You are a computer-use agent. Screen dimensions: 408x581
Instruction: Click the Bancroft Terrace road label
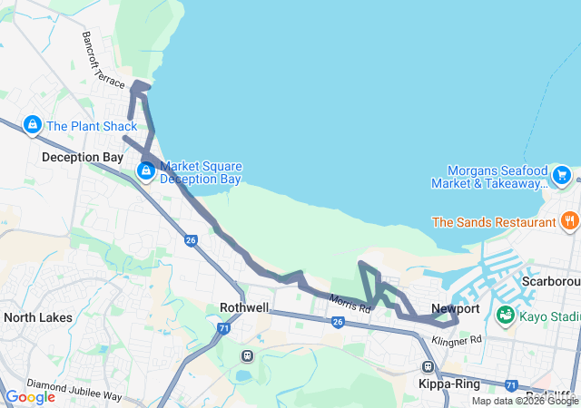pyautogui.click(x=101, y=60)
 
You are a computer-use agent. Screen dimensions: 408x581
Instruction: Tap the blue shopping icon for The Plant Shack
pyautogui.click(x=32, y=124)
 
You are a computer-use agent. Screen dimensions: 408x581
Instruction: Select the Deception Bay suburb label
pyautogui.click(x=83, y=157)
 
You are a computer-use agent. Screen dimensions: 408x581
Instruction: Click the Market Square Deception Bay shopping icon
pyautogui.click(x=145, y=170)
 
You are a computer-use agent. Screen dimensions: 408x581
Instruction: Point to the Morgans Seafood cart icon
pyautogui.click(x=561, y=173)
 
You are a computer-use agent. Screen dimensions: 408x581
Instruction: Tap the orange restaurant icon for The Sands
pyautogui.click(x=569, y=220)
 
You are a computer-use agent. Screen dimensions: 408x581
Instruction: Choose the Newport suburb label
pyautogui.click(x=455, y=307)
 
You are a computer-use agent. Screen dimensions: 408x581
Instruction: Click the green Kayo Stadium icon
pyautogui.click(x=506, y=316)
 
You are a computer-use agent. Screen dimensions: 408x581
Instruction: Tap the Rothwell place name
pyautogui.click(x=245, y=307)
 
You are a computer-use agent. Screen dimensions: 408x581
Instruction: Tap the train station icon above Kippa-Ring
pyautogui.click(x=427, y=366)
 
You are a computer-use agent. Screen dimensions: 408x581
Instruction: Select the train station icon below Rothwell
pyautogui.click(x=245, y=354)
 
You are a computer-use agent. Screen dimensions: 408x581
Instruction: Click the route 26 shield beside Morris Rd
pyautogui.click(x=337, y=322)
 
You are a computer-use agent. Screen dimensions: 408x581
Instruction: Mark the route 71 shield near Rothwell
pyautogui.click(x=223, y=330)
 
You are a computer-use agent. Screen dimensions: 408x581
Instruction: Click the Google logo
pyautogui.click(x=30, y=397)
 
